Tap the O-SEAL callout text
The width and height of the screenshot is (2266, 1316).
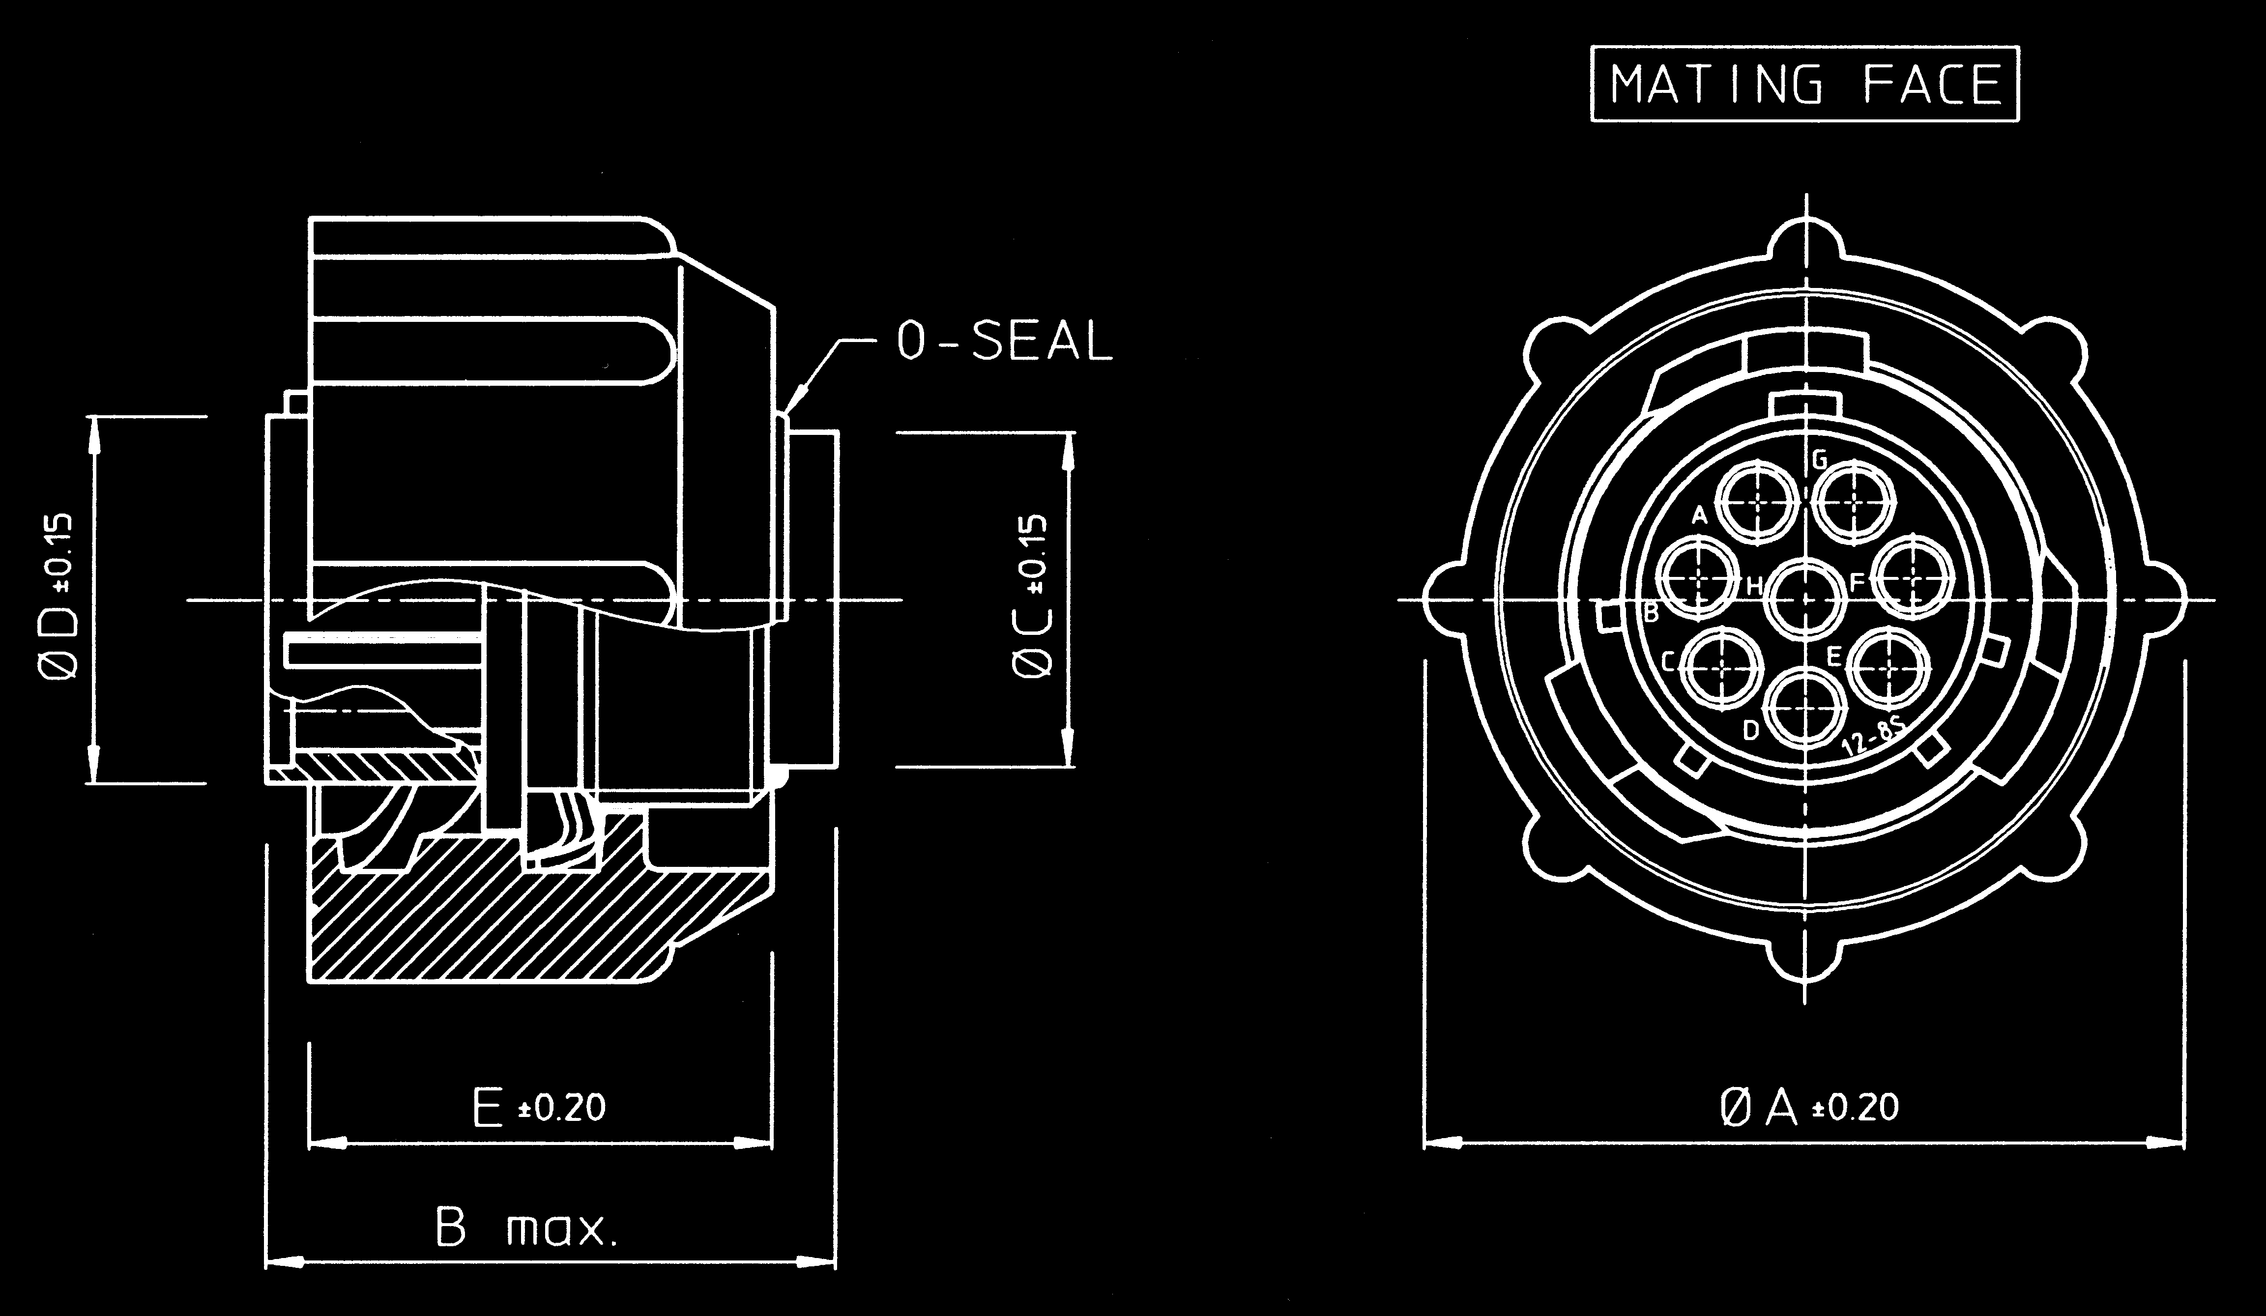(1004, 342)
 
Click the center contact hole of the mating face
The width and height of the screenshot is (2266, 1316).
(1805, 599)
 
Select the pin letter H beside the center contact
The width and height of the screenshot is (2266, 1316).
(1753, 587)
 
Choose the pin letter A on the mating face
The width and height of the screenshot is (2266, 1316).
(1699, 515)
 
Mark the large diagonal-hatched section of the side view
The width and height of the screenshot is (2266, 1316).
(503, 917)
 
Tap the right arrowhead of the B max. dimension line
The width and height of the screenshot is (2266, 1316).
(818, 1262)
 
